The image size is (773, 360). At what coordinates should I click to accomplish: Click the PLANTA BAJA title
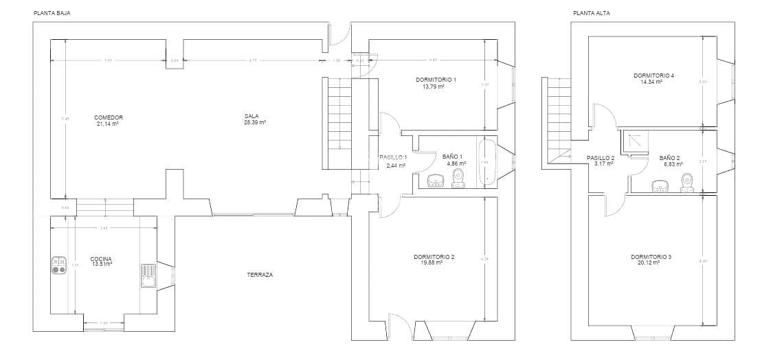click(x=52, y=13)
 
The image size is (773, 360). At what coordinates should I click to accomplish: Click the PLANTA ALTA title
click(x=591, y=13)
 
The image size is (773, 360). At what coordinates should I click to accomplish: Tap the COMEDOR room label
click(x=108, y=117)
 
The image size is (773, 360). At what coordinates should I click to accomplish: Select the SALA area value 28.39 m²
click(x=254, y=122)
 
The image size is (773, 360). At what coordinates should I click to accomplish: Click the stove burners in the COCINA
click(x=58, y=265)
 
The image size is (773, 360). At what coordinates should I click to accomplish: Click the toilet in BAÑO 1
click(x=458, y=180)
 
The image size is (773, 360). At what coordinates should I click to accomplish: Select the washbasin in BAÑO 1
click(x=436, y=181)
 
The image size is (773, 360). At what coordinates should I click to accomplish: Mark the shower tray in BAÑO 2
click(x=634, y=141)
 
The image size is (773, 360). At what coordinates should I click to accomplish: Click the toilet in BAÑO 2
click(x=686, y=182)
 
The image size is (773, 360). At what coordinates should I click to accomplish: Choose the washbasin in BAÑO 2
click(x=660, y=185)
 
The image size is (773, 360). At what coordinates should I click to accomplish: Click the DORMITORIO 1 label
click(x=436, y=80)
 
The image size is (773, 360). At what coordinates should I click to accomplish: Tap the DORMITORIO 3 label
click(x=651, y=256)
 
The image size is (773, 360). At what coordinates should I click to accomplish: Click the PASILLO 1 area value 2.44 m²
click(x=396, y=166)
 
